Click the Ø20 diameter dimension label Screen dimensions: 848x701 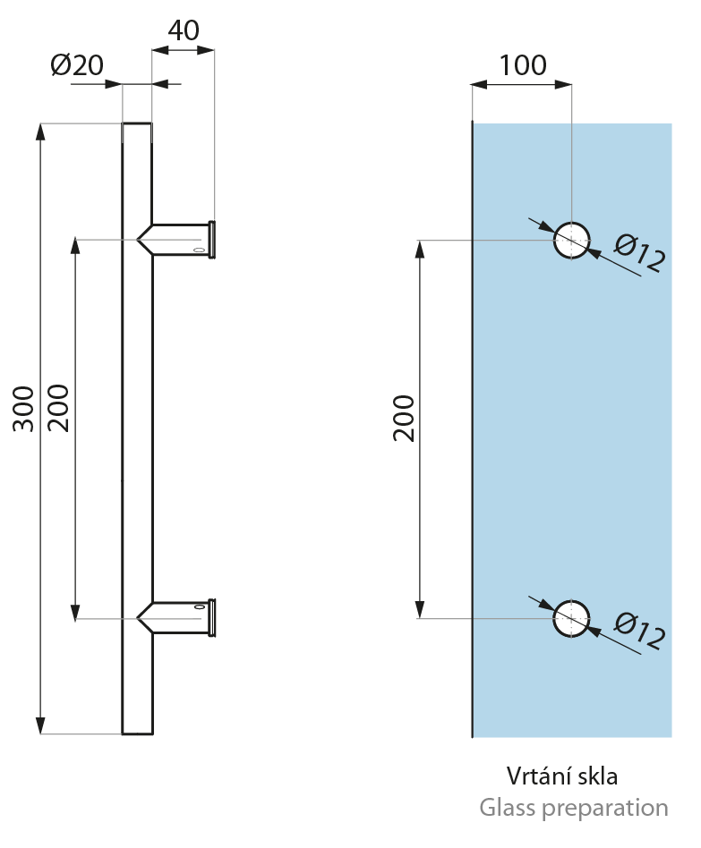coord(77,65)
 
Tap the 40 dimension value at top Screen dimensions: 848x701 coord(184,30)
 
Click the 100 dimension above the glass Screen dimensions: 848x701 coord(522,65)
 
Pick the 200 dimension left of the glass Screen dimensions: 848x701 coord(404,418)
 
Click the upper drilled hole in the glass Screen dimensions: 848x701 coord(571,240)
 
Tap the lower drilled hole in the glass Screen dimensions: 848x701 coord(571,618)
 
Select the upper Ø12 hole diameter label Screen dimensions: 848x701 coord(640,254)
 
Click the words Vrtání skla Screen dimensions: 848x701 coord(562,776)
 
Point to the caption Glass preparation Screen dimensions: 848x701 coord(573,808)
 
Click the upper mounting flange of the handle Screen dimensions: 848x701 coord(212,239)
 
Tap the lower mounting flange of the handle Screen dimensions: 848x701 coord(212,617)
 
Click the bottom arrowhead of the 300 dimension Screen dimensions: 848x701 coord(40,725)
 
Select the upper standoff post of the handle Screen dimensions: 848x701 coord(179,239)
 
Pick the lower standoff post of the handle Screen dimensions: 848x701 coord(179,617)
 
